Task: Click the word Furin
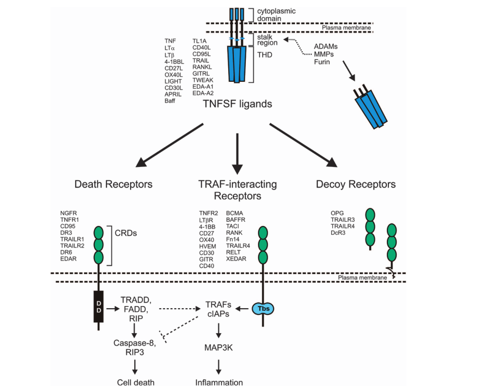(321, 62)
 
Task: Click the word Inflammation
(219, 383)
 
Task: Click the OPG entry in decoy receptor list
(337, 213)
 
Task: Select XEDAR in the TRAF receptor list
(236, 258)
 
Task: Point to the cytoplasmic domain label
(273, 15)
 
